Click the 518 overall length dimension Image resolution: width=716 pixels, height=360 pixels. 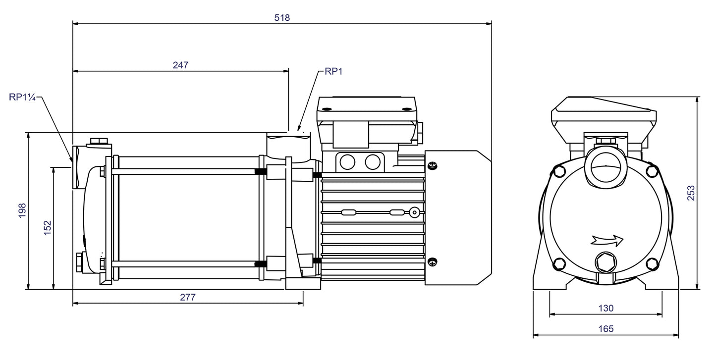click(282, 17)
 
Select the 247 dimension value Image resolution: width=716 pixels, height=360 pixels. click(181, 65)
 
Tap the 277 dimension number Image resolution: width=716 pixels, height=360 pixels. click(188, 297)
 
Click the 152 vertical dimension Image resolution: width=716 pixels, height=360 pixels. click(47, 228)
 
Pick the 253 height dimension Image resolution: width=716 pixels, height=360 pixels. click(692, 193)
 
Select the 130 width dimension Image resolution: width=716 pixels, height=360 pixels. click(606, 308)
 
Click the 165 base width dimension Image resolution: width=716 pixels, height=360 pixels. click(606, 328)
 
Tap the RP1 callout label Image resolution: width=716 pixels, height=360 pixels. click(333, 71)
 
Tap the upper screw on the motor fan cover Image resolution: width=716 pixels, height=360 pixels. click(432, 166)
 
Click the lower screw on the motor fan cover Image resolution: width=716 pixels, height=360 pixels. click(432, 262)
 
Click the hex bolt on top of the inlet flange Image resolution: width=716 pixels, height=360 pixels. click(98, 142)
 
